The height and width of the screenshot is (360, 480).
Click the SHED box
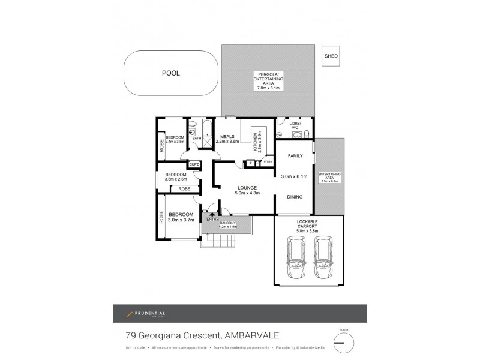pos(331,56)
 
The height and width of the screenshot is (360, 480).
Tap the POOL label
pos(171,73)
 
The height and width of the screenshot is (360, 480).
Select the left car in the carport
pos(296,258)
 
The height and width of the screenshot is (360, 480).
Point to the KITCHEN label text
pos(254,142)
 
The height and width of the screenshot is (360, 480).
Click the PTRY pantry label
pos(268,162)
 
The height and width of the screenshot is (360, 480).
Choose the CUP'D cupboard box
pos(194,164)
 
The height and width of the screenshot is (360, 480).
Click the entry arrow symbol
pos(211,214)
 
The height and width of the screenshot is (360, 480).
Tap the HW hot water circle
pos(280,134)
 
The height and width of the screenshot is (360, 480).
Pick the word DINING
pos(294,197)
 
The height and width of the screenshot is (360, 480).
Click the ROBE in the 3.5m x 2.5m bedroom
pos(184,189)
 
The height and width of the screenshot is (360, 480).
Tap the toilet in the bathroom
pos(193,125)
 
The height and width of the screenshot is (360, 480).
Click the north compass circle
pos(344,343)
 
